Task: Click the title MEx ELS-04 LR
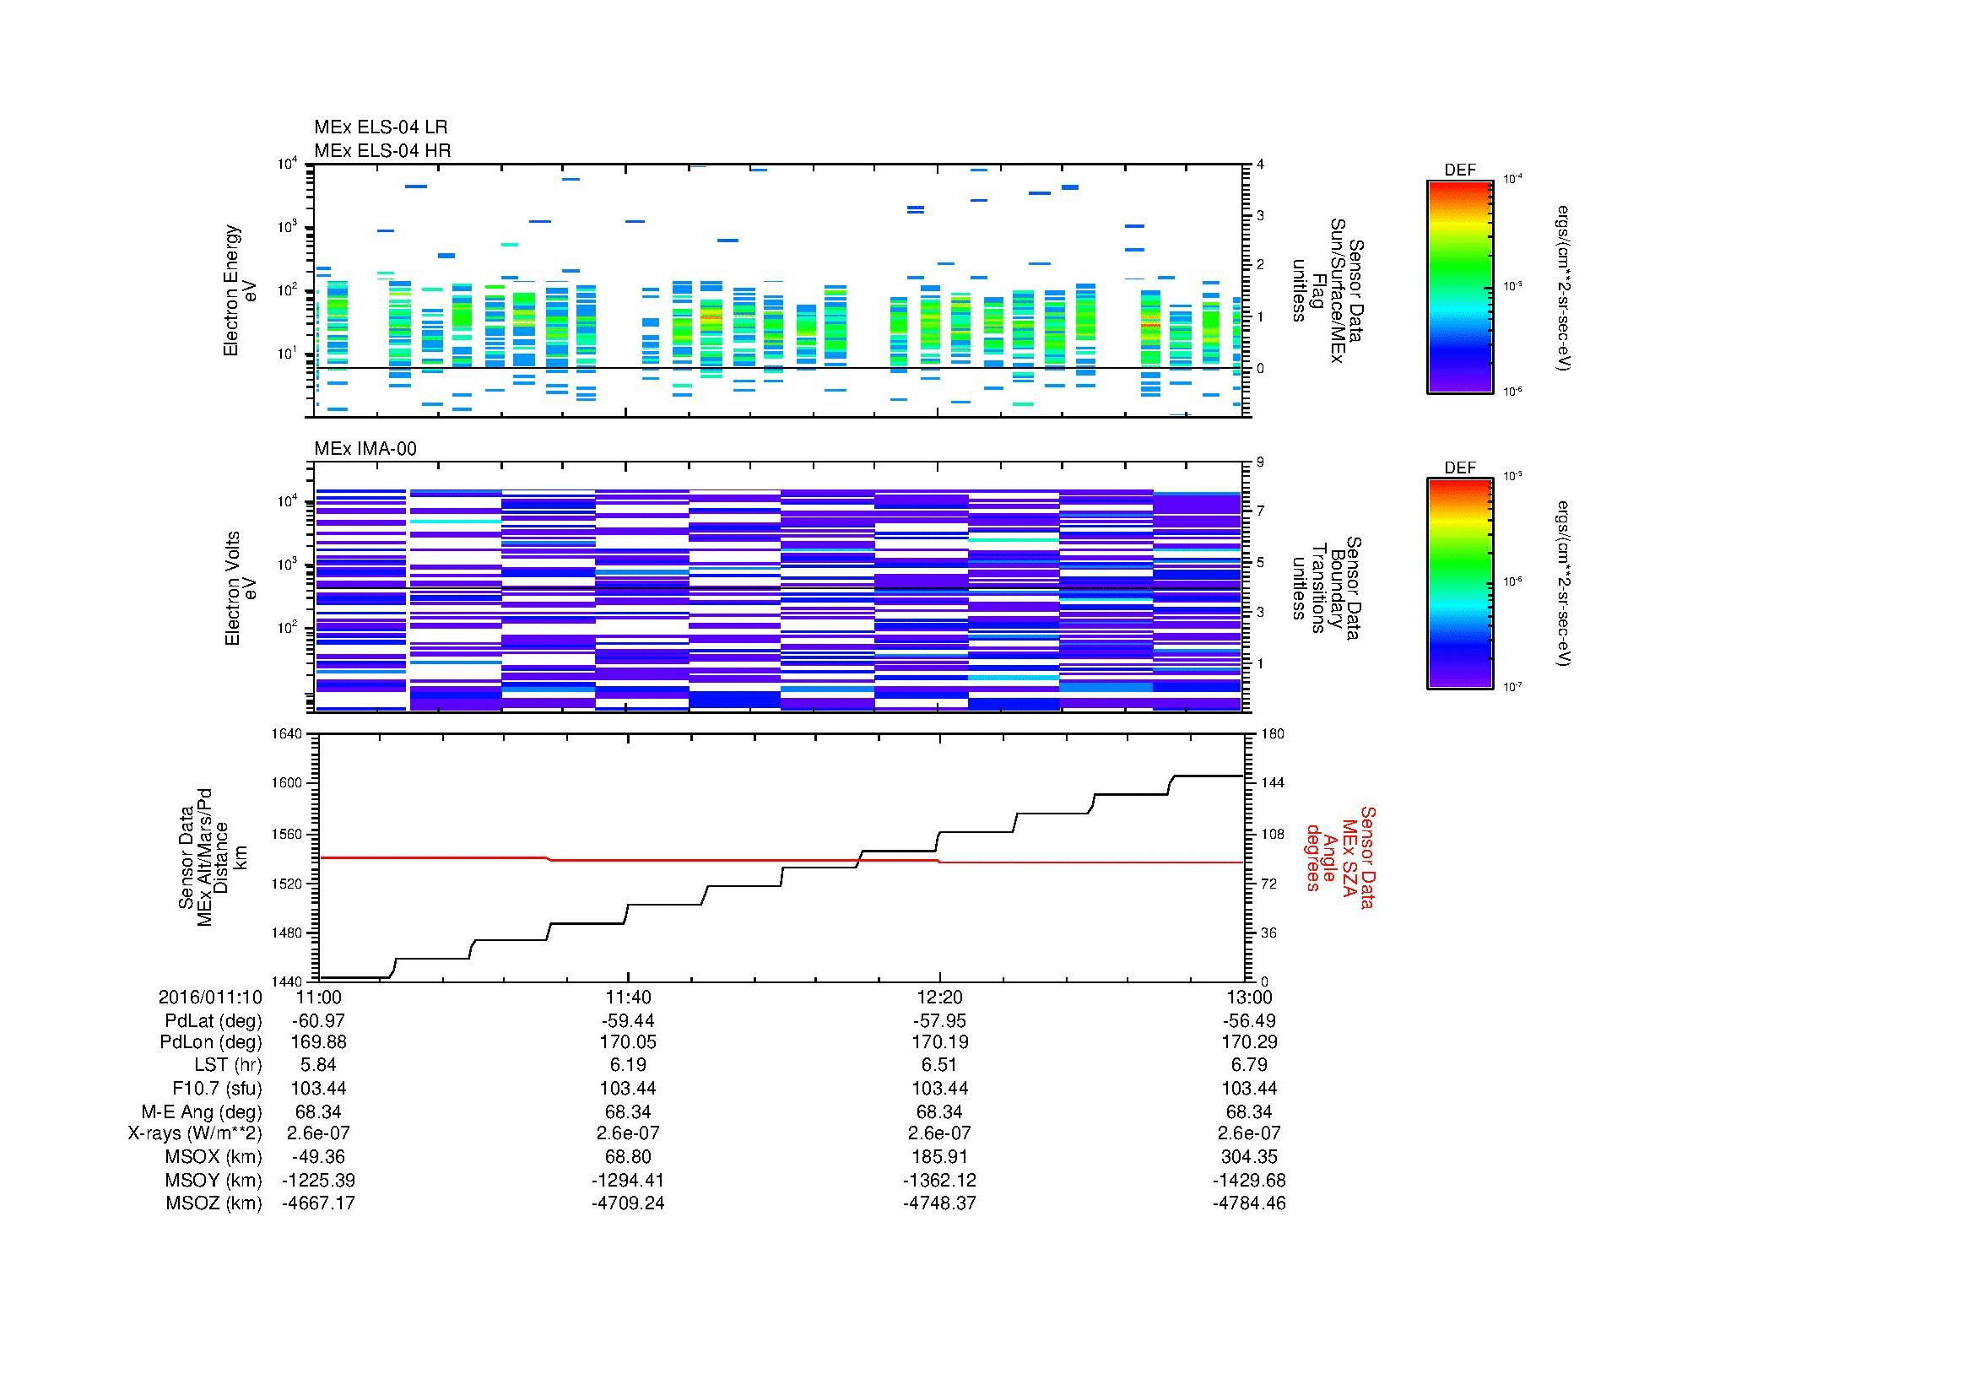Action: [380, 127]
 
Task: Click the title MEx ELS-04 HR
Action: [381, 150]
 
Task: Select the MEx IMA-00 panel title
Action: [365, 449]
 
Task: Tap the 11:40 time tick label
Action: [629, 997]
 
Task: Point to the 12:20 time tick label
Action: [938, 997]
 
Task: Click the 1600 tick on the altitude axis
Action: [288, 783]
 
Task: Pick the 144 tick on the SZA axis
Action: [1272, 783]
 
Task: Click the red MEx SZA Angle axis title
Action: [1339, 857]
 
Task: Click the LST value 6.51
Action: [938, 1066]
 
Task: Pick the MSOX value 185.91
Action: [938, 1157]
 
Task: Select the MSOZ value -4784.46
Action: [1248, 1203]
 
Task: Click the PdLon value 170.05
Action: [629, 1042]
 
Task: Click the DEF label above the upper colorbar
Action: [1459, 170]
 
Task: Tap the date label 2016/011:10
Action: [210, 997]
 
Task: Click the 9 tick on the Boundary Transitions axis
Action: [1260, 462]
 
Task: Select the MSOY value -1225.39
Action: [319, 1180]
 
